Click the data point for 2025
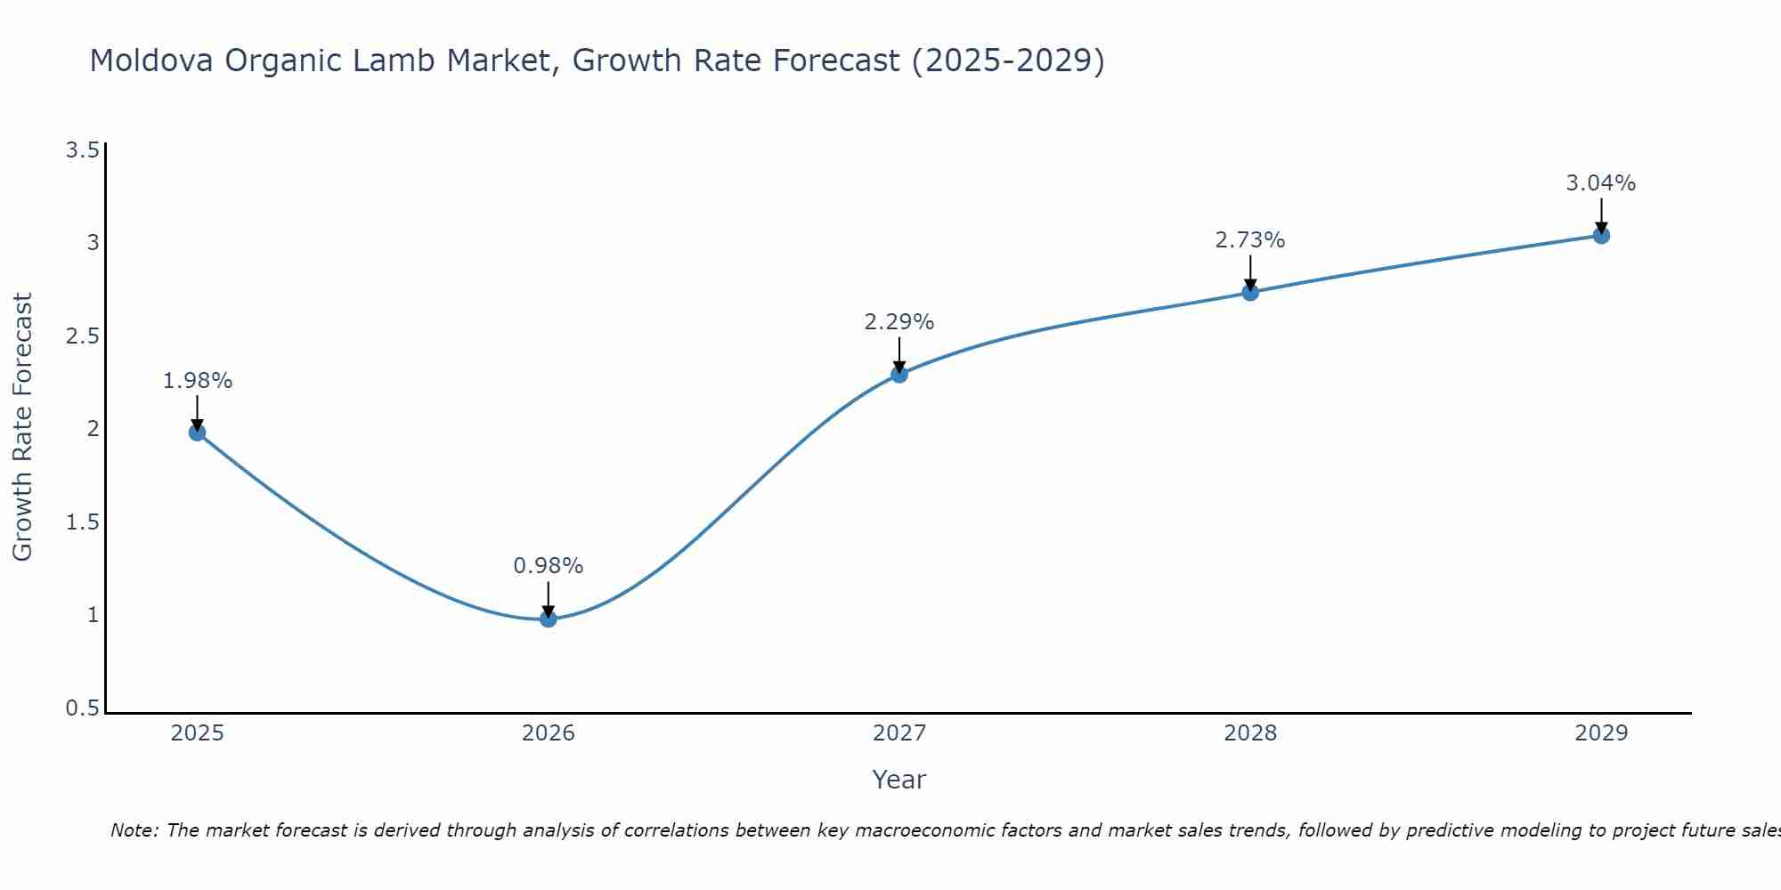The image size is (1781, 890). (197, 433)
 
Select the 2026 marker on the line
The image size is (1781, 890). (549, 619)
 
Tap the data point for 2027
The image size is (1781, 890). (899, 374)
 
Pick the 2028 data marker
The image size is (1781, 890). (1250, 292)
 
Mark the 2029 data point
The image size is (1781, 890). (1601, 235)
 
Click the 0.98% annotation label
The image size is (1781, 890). (549, 566)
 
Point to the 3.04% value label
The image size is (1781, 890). (1601, 183)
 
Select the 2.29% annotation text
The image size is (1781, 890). (899, 322)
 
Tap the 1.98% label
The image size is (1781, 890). (197, 381)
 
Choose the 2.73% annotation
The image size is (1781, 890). (1250, 240)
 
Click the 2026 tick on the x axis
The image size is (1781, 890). (549, 733)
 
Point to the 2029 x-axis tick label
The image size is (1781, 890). (1601, 733)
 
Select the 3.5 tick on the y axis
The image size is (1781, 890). (82, 150)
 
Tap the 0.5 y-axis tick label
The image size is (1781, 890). (82, 708)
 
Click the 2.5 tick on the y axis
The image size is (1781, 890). (82, 336)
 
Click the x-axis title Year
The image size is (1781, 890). (899, 780)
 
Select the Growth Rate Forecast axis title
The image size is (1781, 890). (22, 427)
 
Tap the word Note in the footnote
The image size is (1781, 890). (134, 830)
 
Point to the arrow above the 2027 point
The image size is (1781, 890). (899, 354)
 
